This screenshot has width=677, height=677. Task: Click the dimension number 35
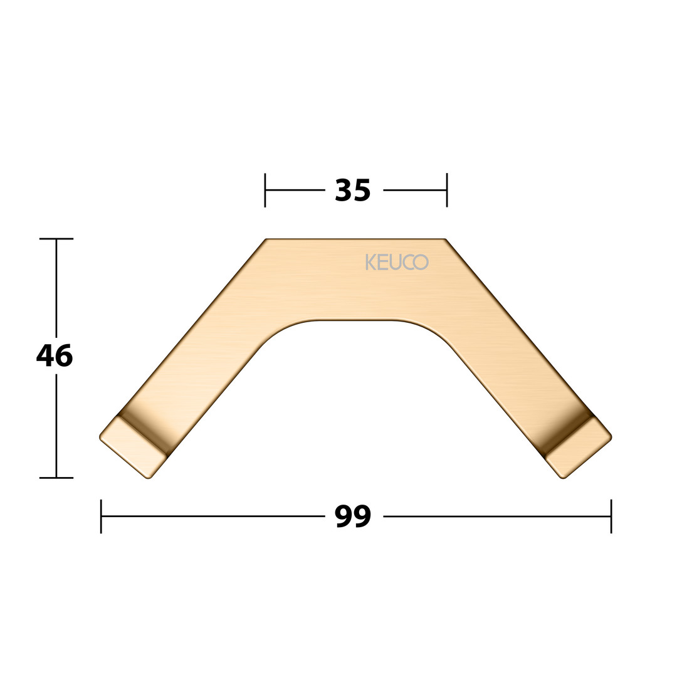[x=353, y=191]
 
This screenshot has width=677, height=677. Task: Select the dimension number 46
[x=55, y=356]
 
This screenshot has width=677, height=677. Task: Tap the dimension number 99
[x=353, y=517]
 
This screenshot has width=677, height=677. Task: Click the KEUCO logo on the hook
[x=397, y=262]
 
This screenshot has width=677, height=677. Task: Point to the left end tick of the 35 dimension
[x=265, y=190]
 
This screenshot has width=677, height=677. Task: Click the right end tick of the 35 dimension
[x=447, y=190]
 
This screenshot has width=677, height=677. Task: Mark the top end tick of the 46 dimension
[x=56, y=238]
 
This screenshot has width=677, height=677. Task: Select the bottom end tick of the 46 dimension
[x=56, y=478]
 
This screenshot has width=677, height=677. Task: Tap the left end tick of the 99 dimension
[x=101, y=517]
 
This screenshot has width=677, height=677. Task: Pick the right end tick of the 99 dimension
[x=611, y=517]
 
